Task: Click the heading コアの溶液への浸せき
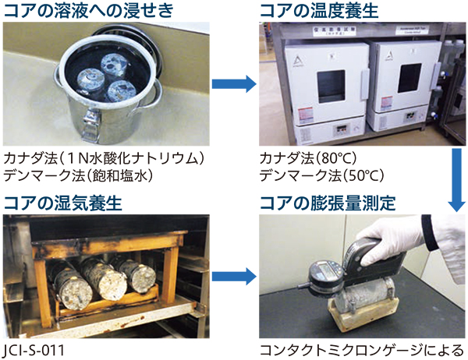click(x=89, y=10)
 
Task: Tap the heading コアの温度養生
click(x=319, y=10)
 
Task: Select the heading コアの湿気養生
click(x=62, y=203)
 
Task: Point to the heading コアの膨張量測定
click(x=328, y=203)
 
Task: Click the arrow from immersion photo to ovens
click(x=234, y=84)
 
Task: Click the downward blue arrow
click(x=456, y=180)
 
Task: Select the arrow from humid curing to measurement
click(x=234, y=277)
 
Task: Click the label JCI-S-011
click(x=34, y=350)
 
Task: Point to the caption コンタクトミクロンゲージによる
click(x=362, y=350)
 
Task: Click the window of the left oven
click(x=331, y=86)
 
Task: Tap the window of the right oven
click(x=409, y=78)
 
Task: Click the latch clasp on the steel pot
click(x=90, y=125)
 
